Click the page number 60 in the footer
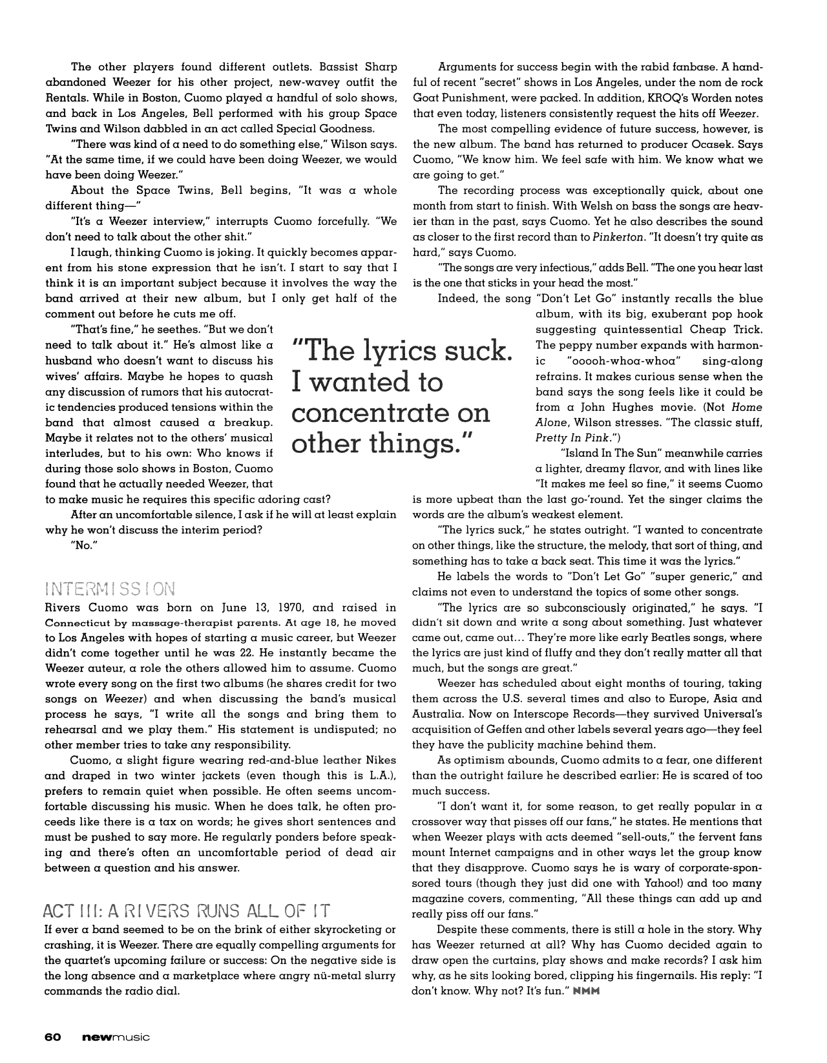53,1037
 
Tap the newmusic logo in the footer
116,1037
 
